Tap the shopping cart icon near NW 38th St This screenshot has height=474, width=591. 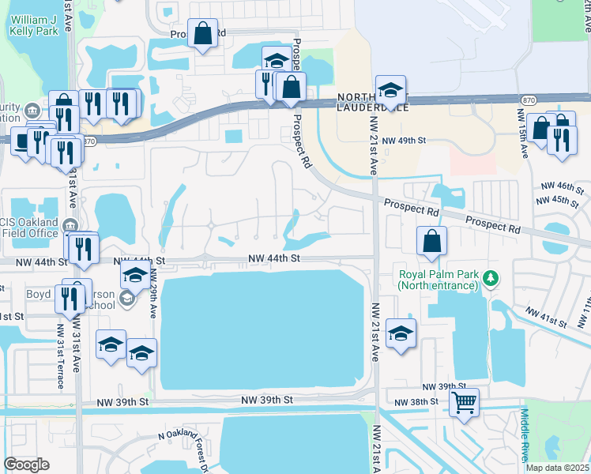[464, 403]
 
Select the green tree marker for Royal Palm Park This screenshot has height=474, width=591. [491, 277]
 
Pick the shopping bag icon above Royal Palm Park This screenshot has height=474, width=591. [432, 243]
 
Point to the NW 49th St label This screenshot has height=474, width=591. [404, 141]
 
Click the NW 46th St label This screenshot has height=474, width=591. [562, 187]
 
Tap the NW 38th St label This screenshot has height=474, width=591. [430, 402]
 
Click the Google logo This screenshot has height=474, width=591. [27, 465]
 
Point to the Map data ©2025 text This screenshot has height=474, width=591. [558, 468]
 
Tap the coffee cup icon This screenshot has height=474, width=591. [21, 141]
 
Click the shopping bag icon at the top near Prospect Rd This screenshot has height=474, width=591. [202, 34]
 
